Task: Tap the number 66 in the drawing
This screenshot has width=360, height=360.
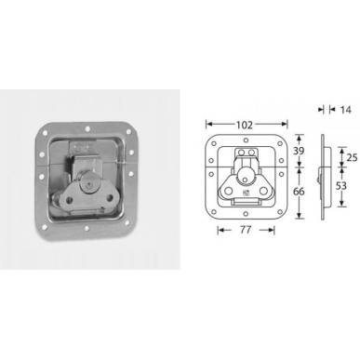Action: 297,189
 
